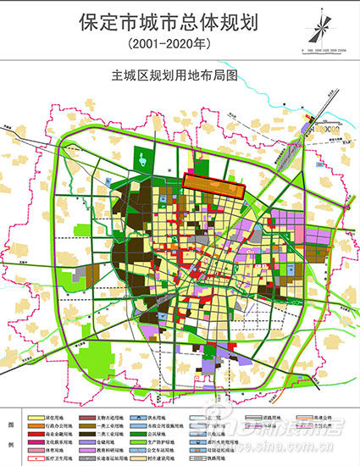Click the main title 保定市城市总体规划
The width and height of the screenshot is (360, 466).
179,20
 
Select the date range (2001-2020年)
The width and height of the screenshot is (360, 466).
179,42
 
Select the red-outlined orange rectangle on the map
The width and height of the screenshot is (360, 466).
214,186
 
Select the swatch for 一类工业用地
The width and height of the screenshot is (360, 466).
86,424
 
